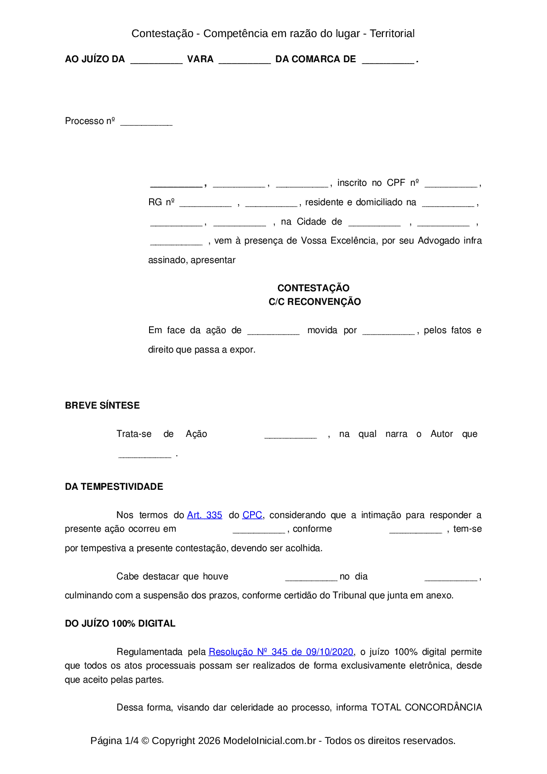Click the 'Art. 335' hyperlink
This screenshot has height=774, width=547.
pos(204,515)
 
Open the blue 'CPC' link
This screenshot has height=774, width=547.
pos(252,515)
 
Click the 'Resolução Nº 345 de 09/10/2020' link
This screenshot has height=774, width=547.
pos(281,652)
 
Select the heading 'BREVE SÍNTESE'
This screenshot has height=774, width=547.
pos(102,406)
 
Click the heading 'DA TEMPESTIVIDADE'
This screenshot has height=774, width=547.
pos(114,487)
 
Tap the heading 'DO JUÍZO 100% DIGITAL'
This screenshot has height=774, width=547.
pos(120,624)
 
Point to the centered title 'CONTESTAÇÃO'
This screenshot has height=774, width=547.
pos(313,288)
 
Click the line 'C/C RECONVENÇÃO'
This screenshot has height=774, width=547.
pos(315,302)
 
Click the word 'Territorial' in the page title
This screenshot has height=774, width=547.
pos(392,34)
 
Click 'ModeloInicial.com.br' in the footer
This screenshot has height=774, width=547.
pos(270,740)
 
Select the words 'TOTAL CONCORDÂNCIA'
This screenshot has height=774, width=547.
pos(426,707)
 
